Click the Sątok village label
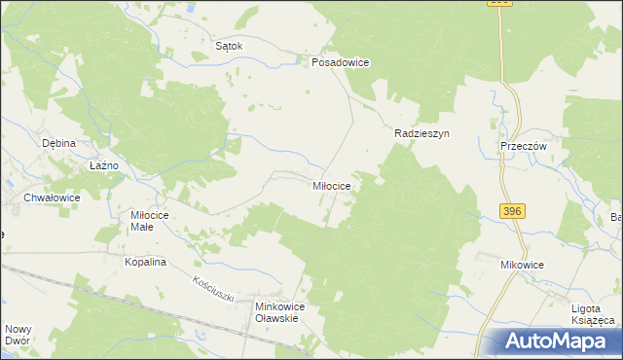228,45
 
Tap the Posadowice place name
340,61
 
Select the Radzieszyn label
421,134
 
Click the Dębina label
58,143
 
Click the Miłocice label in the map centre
337,184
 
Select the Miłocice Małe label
150,221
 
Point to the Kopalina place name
146,262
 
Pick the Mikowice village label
522,264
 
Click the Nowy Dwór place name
18,335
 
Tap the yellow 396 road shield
514,211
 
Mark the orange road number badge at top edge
500,3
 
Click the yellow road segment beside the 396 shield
503,195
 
